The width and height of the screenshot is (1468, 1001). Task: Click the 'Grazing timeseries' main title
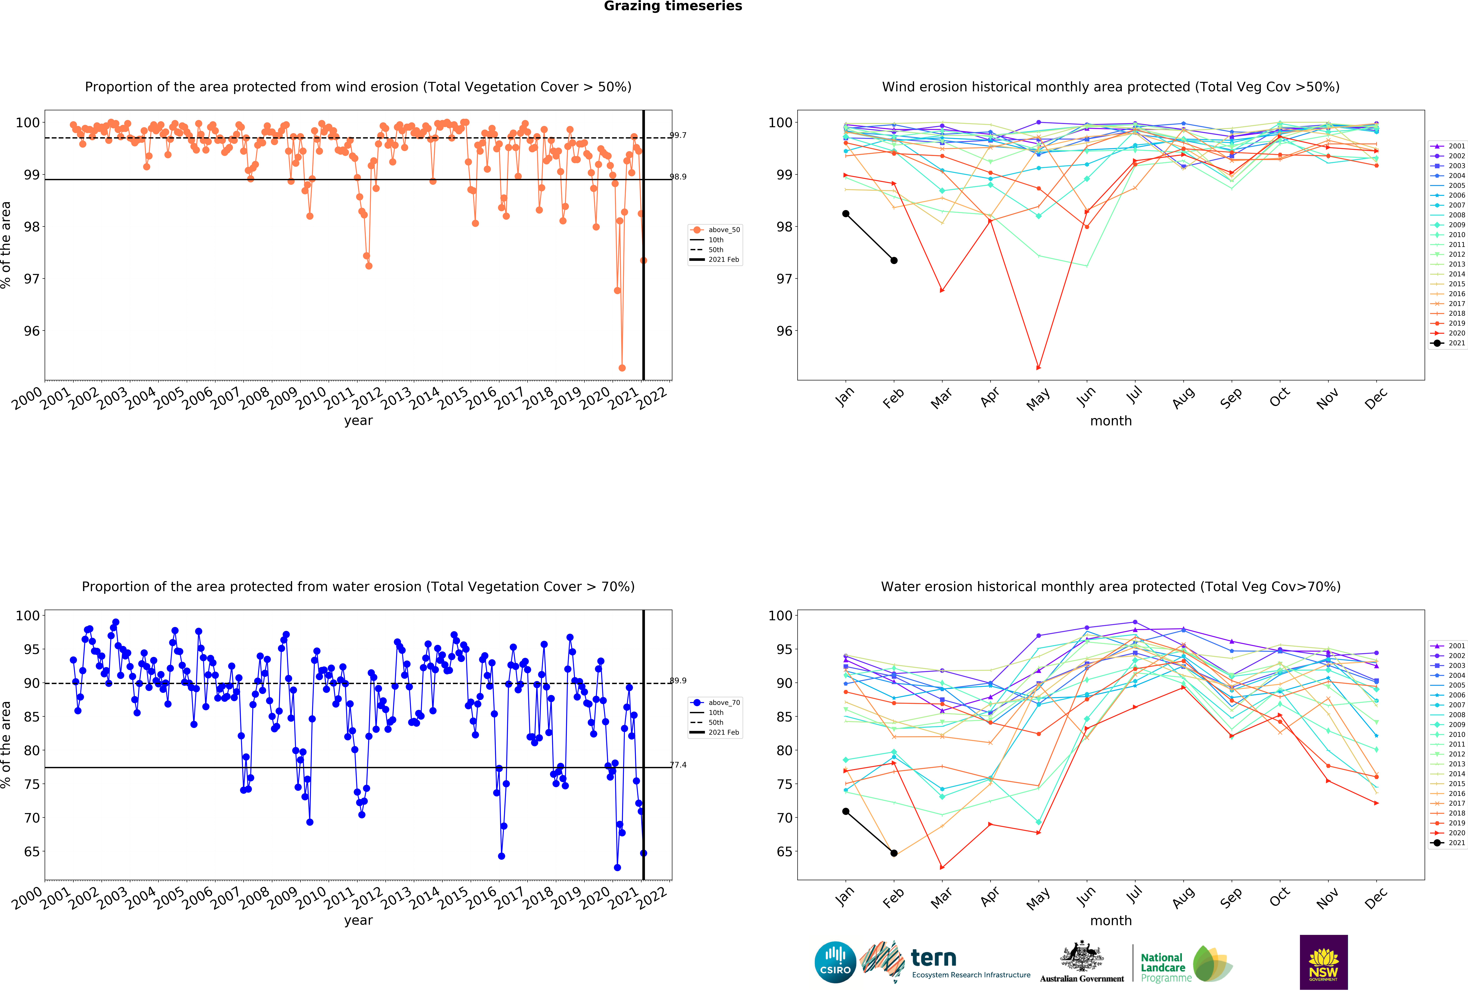click(673, 6)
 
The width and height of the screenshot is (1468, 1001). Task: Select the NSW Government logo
click(1323, 962)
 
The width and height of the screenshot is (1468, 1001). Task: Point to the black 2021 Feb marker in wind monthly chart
click(894, 260)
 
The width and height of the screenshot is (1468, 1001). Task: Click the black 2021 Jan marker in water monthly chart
click(846, 811)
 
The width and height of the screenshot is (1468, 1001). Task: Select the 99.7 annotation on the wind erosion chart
click(678, 135)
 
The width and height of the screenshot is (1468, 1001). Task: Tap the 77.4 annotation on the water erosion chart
click(678, 765)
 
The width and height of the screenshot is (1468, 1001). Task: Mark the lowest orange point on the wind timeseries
click(622, 368)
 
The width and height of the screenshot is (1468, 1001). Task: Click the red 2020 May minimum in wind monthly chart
click(1038, 368)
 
